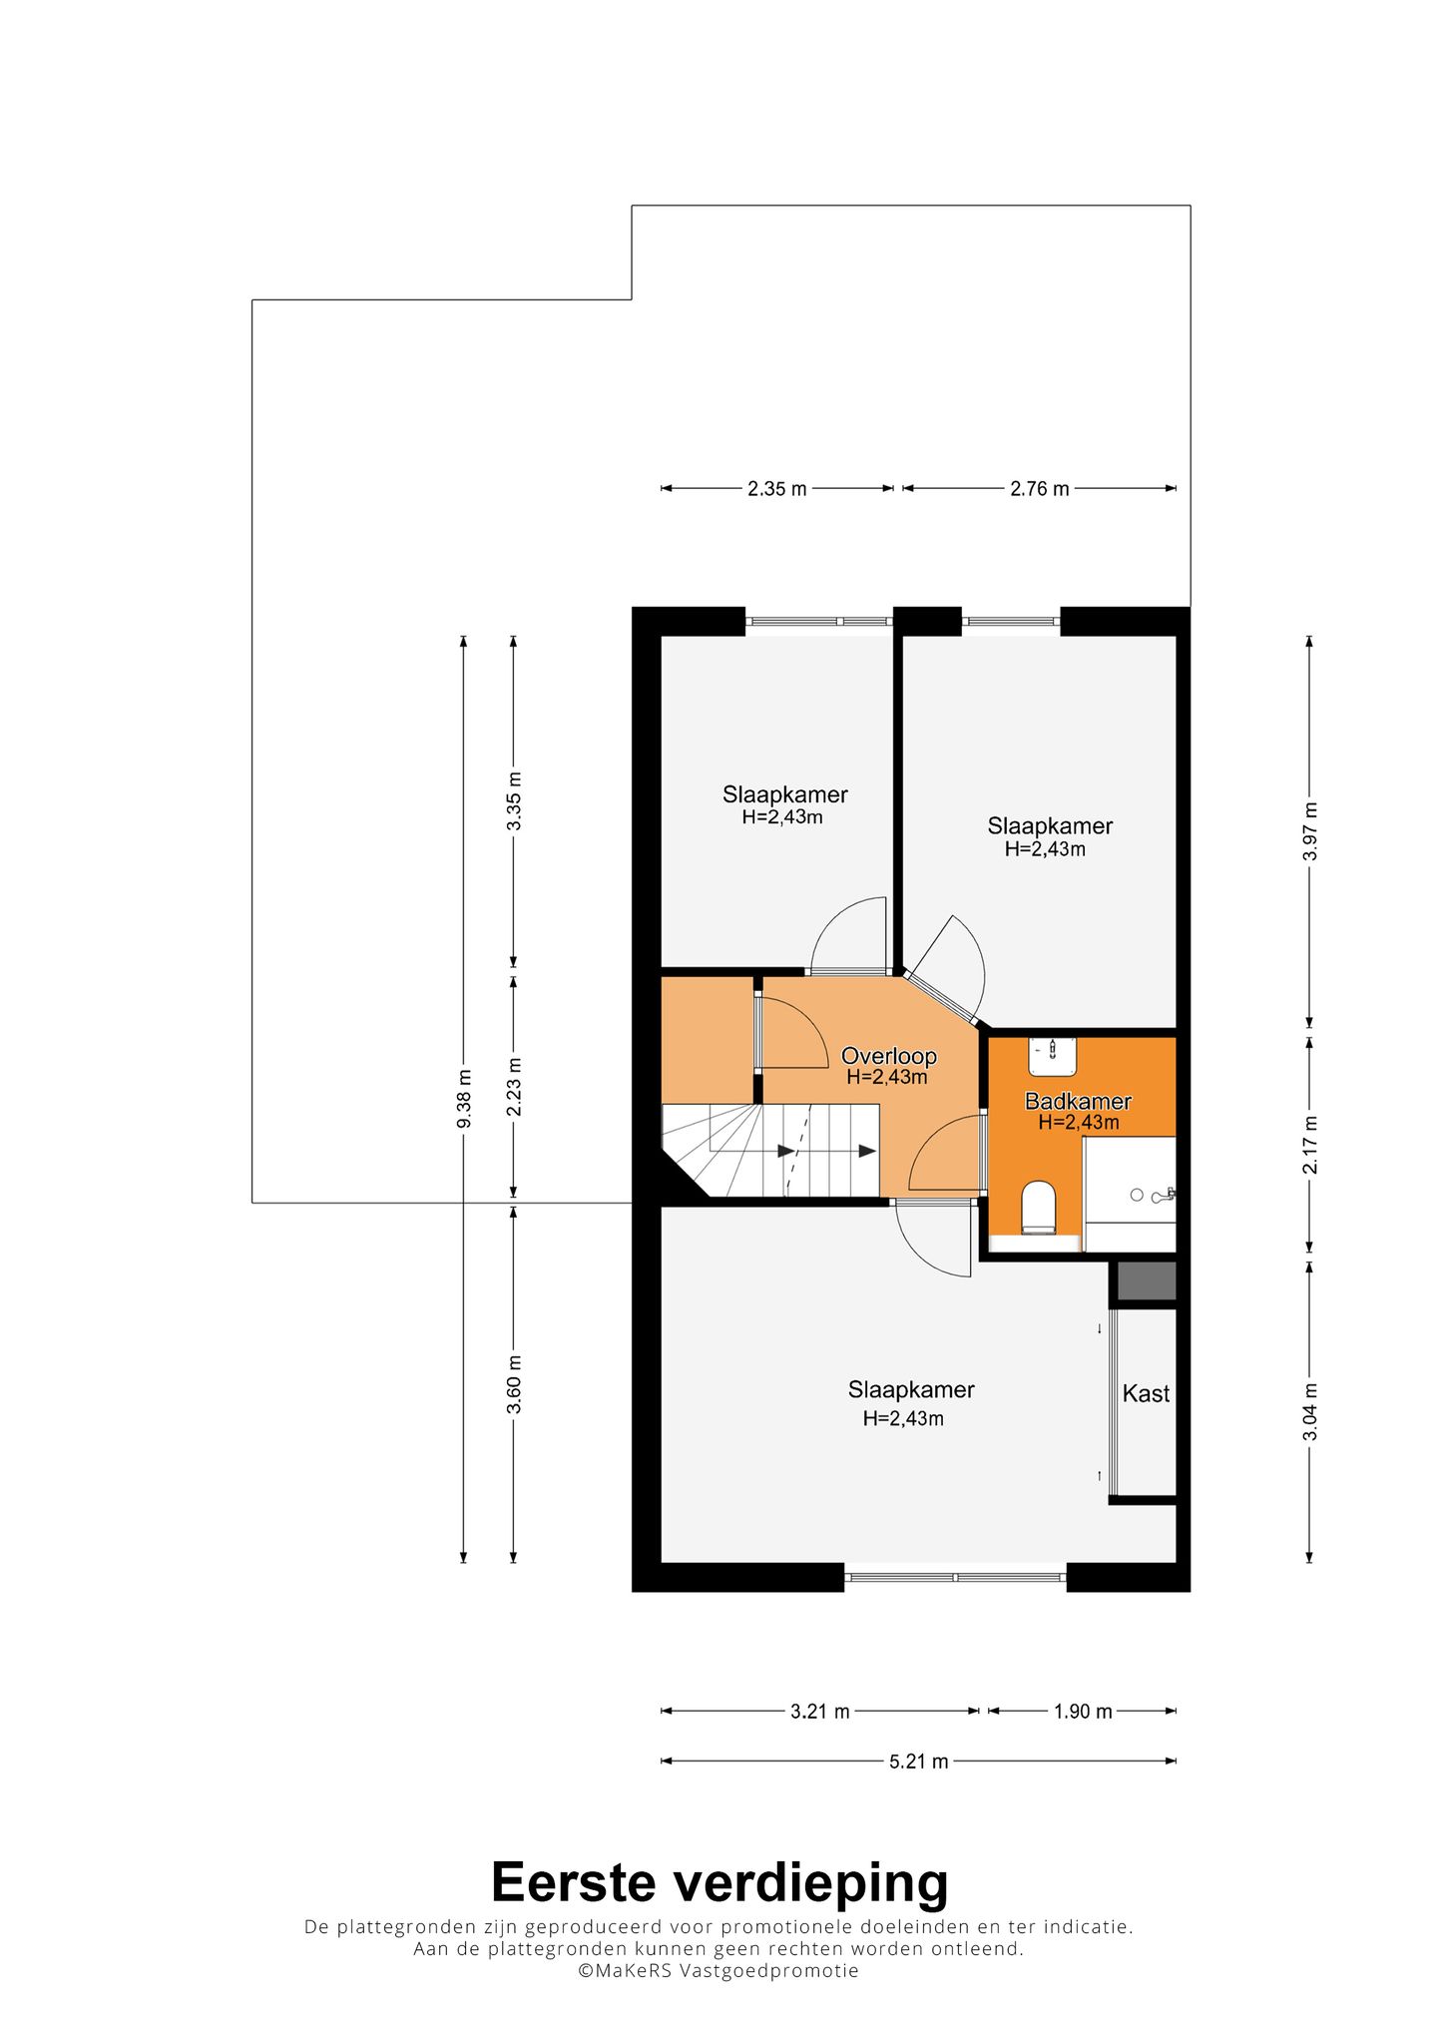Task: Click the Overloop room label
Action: point(888,1056)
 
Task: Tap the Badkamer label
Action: point(1078,1101)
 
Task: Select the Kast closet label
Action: point(1146,1393)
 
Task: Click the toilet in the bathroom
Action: point(1039,1208)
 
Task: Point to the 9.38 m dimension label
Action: point(464,1098)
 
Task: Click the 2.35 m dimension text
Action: point(777,489)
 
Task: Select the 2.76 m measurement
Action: point(1039,489)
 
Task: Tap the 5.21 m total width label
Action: point(918,1762)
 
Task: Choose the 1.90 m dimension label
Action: point(1083,1712)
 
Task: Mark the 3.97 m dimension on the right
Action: point(1310,831)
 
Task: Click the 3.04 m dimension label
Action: point(1310,1411)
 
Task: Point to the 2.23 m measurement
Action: point(514,1086)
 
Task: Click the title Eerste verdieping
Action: point(719,1883)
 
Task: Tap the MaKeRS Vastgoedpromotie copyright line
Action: point(718,1970)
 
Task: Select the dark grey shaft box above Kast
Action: point(1147,1281)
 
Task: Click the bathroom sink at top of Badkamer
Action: point(1053,1056)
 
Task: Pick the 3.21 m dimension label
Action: point(820,1712)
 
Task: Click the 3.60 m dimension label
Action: point(514,1384)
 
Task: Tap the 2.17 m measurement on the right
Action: point(1310,1145)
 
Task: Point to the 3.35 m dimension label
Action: point(514,801)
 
